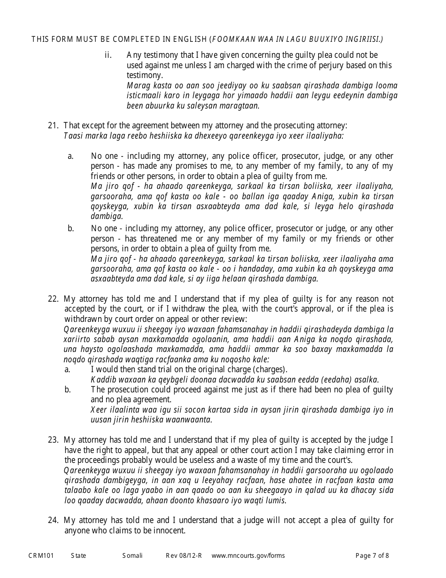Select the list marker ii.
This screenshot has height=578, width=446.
pos(108,55)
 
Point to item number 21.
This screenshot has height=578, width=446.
pos(53,125)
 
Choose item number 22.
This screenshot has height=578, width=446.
pos(53,299)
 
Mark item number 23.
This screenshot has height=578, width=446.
pos(53,440)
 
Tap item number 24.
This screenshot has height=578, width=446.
pos(53,520)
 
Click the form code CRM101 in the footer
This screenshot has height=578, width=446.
pos(41,556)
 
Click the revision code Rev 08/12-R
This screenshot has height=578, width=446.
pos(184,556)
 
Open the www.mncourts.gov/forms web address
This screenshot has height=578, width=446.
pos(248,556)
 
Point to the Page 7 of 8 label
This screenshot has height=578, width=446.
pos(372,556)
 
